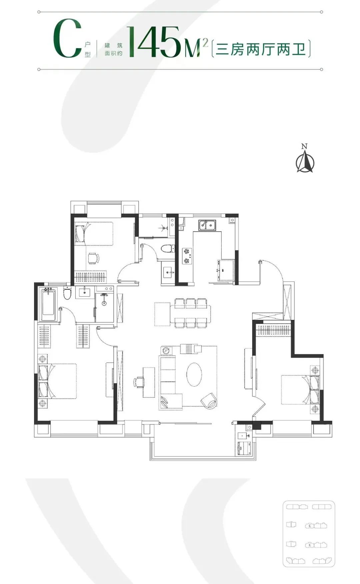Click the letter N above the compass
[304, 146]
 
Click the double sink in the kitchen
[207, 225]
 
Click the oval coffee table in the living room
[194, 374]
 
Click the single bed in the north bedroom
[93, 233]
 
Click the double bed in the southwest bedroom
[57, 381]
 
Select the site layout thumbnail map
[309, 533]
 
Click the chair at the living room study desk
[138, 382]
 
